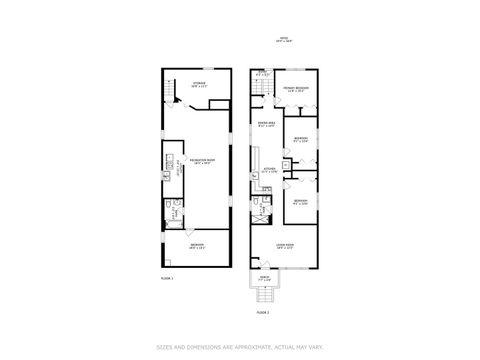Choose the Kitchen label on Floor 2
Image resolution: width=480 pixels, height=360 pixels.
pyautogui.click(x=267, y=171)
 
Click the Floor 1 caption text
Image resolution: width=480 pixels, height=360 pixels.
pyautogui.click(x=167, y=277)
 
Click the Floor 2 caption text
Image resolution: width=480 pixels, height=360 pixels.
pyautogui.click(x=263, y=313)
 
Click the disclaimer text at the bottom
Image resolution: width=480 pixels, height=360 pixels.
pyautogui.click(x=239, y=347)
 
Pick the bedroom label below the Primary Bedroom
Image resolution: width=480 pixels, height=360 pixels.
pyautogui.click(x=300, y=140)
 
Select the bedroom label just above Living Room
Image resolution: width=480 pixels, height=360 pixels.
pyautogui.click(x=300, y=201)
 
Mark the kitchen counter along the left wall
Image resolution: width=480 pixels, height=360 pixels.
pyautogui.click(x=255, y=165)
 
